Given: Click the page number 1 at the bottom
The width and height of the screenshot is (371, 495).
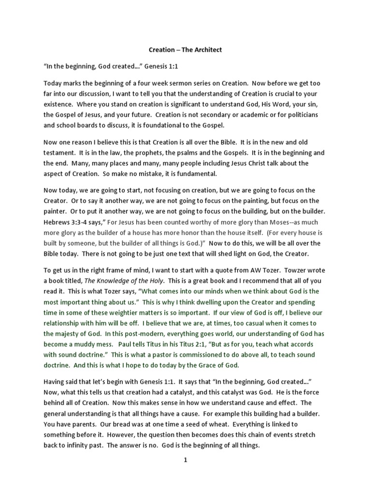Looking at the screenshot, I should point(185,461).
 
